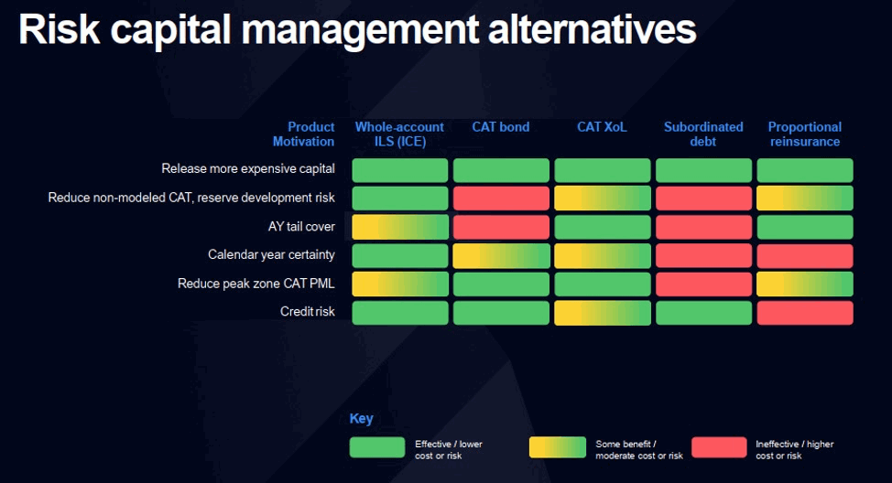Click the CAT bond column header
tap(500, 127)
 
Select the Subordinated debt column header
tap(703, 134)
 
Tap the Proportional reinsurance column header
tap(804, 134)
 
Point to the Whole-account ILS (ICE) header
tap(399, 134)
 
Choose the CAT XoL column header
tap(602, 127)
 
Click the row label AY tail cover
tap(295, 227)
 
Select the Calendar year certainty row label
tap(271, 255)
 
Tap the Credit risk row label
tap(307, 312)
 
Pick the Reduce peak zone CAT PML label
tap(256, 284)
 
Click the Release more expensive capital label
tap(248, 169)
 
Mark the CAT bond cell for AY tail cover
tap(501, 227)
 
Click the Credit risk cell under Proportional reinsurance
tap(804, 313)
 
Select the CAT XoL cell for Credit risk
tap(603, 313)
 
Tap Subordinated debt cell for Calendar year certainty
tap(703, 256)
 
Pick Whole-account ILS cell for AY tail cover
tap(400, 227)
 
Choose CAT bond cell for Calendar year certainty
tap(501, 256)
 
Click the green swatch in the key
tap(376, 447)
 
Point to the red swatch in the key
tap(719, 447)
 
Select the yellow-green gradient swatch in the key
tap(557, 447)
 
